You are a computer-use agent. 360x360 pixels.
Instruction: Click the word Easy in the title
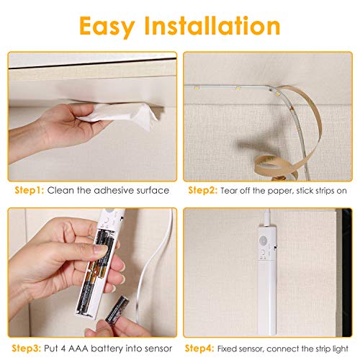[x=107, y=27]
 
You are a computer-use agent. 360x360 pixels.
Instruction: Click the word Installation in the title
[x=212, y=25]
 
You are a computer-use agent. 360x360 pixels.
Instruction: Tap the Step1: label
[x=30, y=190]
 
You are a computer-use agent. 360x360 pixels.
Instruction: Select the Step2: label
[x=203, y=190]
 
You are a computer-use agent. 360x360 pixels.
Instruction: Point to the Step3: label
[x=27, y=348]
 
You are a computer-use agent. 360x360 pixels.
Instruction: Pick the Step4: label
[x=199, y=348]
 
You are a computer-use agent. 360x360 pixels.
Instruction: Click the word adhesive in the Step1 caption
[x=114, y=190]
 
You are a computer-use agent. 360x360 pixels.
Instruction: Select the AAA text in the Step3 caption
[x=78, y=348]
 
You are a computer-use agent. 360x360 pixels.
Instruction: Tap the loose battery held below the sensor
[x=117, y=309]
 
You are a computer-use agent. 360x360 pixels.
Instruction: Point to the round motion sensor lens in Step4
[x=264, y=240]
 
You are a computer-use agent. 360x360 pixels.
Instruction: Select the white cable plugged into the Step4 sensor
[x=268, y=217]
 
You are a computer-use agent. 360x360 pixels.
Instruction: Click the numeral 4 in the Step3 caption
[x=63, y=348]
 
